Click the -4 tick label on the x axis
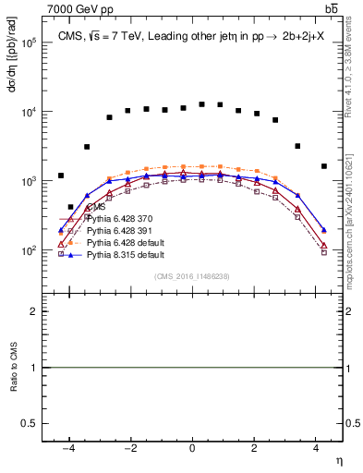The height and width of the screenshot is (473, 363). tap(68, 447)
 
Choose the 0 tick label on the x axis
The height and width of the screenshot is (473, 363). tap(192, 447)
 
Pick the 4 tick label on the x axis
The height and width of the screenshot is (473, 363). tap(315, 447)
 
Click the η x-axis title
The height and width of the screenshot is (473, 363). tap(337, 459)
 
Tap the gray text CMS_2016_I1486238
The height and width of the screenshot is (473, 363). tap(192, 276)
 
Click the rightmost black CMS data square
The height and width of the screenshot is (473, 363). tap(323, 166)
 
